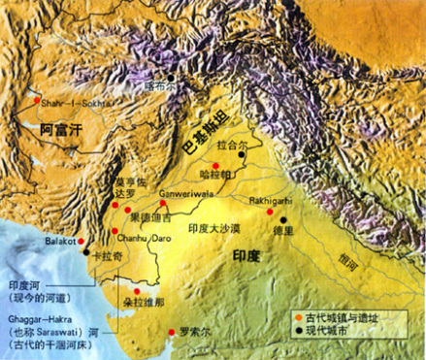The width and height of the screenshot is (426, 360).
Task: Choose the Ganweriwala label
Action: coord(183,192)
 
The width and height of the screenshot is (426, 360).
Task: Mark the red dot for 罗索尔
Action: coord(172,329)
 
